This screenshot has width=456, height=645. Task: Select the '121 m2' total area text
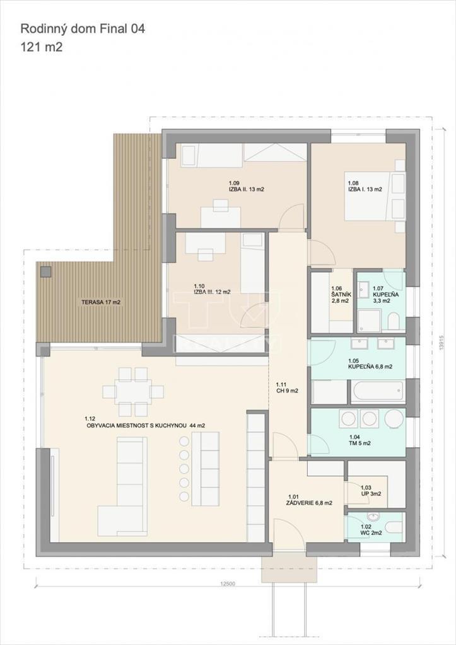(42, 47)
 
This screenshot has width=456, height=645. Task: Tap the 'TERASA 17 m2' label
(100, 302)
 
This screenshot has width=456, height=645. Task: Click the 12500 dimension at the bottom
(228, 584)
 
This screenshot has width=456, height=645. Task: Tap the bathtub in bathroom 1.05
(377, 392)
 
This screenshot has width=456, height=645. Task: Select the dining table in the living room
(133, 392)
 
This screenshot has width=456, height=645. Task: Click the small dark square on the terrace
(45, 271)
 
